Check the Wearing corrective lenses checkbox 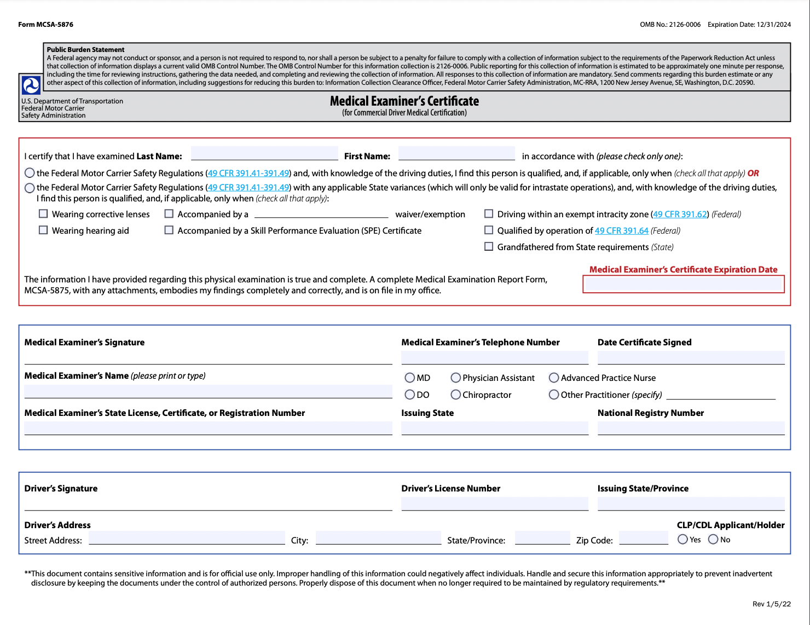pyautogui.click(x=43, y=214)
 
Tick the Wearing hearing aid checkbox pyautogui.click(x=43, y=230)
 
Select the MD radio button pyautogui.click(x=410, y=378)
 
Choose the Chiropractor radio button pyautogui.click(x=456, y=395)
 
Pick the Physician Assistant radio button pyautogui.click(x=456, y=378)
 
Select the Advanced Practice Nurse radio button pyautogui.click(x=554, y=378)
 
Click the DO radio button pyautogui.click(x=410, y=395)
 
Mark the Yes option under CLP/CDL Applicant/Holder pyautogui.click(x=682, y=540)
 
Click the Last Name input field pyautogui.click(x=264, y=154)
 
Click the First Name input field pyautogui.click(x=456, y=154)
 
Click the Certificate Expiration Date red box pyautogui.click(x=684, y=284)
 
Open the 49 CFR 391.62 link pyautogui.click(x=680, y=215)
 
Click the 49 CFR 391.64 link pyautogui.click(x=621, y=231)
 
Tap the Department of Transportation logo pyautogui.click(x=31, y=85)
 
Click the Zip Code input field pyautogui.click(x=644, y=538)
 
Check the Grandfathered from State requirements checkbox pyautogui.click(x=489, y=247)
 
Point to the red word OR pyautogui.click(x=753, y=173)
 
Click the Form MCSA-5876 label pyautogui.click(x=45, y=25)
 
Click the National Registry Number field pyautogui.click(x=691, y=428)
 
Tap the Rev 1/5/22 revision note pyautogui.click(x=771, y=604)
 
